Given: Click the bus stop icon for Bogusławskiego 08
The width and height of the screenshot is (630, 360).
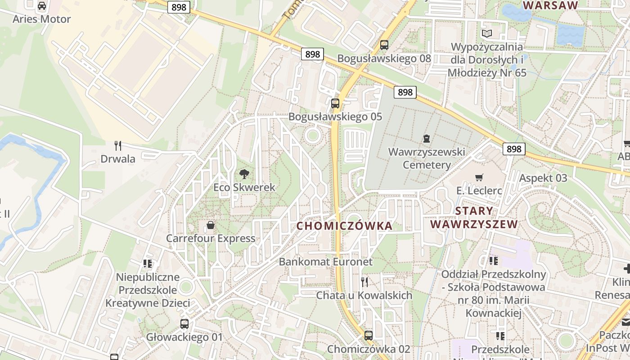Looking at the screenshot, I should point(384,45).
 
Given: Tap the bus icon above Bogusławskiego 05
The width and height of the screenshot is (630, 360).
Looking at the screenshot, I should point(335,103).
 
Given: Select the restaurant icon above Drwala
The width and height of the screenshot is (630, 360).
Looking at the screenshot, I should point(118,145).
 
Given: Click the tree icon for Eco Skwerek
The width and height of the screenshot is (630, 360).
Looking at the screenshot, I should point(244,174).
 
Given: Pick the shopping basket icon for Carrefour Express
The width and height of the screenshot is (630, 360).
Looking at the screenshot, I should point(211,225).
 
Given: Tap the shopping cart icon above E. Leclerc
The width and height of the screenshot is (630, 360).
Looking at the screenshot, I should point(479,178).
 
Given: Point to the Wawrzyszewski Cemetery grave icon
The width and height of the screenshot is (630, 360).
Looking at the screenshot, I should point(426,139).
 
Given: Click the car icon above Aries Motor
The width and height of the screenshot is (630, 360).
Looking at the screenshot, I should point(42,6).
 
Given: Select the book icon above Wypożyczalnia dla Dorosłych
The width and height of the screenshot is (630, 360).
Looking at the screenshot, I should point(487,33).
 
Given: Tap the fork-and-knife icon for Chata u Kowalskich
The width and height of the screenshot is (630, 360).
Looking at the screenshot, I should point(364,282).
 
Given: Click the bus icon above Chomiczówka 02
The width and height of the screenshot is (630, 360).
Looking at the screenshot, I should point(369,335).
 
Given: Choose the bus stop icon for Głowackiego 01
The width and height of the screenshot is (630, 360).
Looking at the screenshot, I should point(184,324).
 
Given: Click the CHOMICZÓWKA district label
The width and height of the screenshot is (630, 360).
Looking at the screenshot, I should point(345,226).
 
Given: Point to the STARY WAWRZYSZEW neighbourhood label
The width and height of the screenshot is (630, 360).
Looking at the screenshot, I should point(474,217).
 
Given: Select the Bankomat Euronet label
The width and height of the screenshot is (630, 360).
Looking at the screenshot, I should point(326,261).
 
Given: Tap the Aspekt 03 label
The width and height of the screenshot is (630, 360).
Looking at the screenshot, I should point(543,178).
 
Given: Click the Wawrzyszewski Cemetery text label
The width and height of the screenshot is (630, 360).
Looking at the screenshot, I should point(427,158).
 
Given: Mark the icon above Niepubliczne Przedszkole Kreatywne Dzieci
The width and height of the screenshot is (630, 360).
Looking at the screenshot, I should point(148,263).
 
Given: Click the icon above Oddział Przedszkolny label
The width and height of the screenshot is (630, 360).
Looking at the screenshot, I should point(494,261).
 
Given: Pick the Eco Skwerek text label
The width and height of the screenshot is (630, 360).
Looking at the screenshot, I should point(244,187).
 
